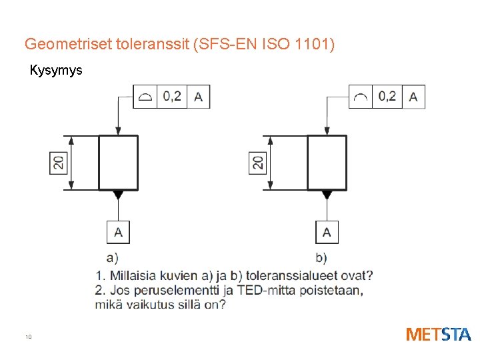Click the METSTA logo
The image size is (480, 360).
point(438,334)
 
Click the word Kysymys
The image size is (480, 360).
point(56,70)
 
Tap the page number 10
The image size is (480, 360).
point(29,337)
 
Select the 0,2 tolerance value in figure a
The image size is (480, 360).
point(172,97)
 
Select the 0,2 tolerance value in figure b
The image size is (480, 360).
point(387,97)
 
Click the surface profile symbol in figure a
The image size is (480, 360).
point(145,97)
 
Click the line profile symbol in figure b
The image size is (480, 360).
point(361,97)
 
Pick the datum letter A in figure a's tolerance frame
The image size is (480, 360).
point(198,97)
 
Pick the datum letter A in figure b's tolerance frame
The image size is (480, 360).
point(413,97)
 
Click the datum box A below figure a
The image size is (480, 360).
point(118,233)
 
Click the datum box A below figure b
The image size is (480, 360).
point(327,233)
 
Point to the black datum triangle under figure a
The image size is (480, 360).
point(118,195)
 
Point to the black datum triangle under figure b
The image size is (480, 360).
point(327,195)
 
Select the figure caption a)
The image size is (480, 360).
point(113,257)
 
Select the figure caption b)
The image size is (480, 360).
point(321,257)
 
